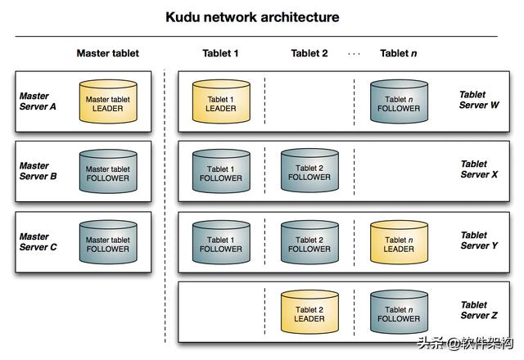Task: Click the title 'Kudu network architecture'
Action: tap(252, 17)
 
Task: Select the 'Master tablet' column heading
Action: tap(107, 53)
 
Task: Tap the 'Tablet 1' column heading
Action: tap(220, 53)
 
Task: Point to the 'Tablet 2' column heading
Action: tap(309, 53)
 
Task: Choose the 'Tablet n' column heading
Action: tap(399, 53)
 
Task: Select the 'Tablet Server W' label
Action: tap(479, 101)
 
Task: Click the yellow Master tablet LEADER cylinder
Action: tap(108, 102)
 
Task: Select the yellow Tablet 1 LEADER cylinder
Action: tap(220, 102)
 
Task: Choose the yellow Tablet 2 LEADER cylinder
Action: tap(309, 313)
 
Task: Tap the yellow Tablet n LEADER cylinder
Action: tap(399, 243)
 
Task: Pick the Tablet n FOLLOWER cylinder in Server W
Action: tap(399, 102)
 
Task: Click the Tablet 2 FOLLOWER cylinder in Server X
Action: tap(309, 172)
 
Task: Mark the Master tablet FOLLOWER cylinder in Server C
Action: tap(108, 243)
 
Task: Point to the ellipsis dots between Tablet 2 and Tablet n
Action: tap(354, 54)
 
